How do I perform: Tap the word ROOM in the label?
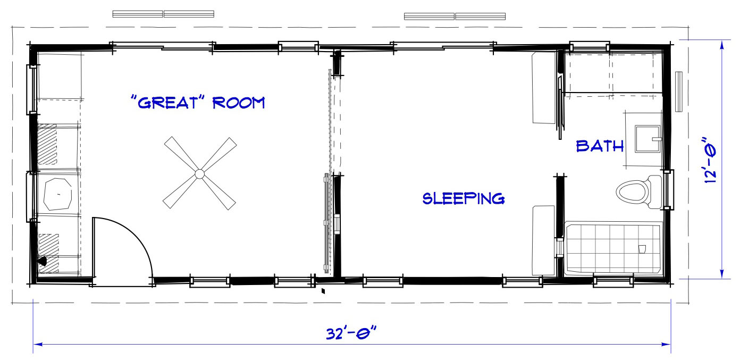239,103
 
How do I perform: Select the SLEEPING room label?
464,198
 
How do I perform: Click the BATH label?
600,146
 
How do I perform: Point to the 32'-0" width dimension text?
351,333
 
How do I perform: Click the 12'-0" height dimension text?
710,160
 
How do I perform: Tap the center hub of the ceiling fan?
199,173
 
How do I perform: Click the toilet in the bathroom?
639,192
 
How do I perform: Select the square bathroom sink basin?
647,139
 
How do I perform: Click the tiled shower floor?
613,248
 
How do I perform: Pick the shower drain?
642,249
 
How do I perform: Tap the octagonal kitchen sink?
58,194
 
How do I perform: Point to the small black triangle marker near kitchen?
43,262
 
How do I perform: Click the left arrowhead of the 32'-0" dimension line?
38,344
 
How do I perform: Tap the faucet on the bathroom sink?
657,139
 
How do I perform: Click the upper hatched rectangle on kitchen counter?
47,144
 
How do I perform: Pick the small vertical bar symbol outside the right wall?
678,91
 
